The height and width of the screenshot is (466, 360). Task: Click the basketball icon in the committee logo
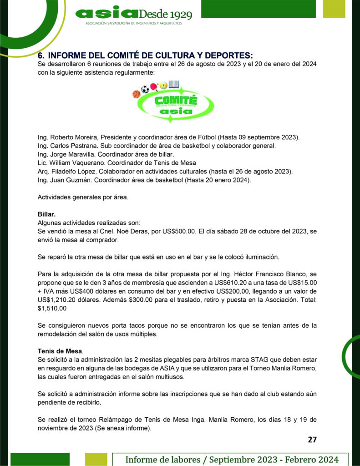click(136, 94)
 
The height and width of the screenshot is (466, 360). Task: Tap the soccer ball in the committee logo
click(145, 89)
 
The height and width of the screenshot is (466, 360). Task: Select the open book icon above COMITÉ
click(173, 84)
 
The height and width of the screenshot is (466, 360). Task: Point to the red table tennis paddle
click(154, 86)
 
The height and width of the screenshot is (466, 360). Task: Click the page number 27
click(312, 439)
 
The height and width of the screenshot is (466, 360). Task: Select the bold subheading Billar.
click(46, 214)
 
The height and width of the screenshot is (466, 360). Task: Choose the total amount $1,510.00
click(52, 308)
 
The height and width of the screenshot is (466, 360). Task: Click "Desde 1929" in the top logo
click(168, 14)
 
